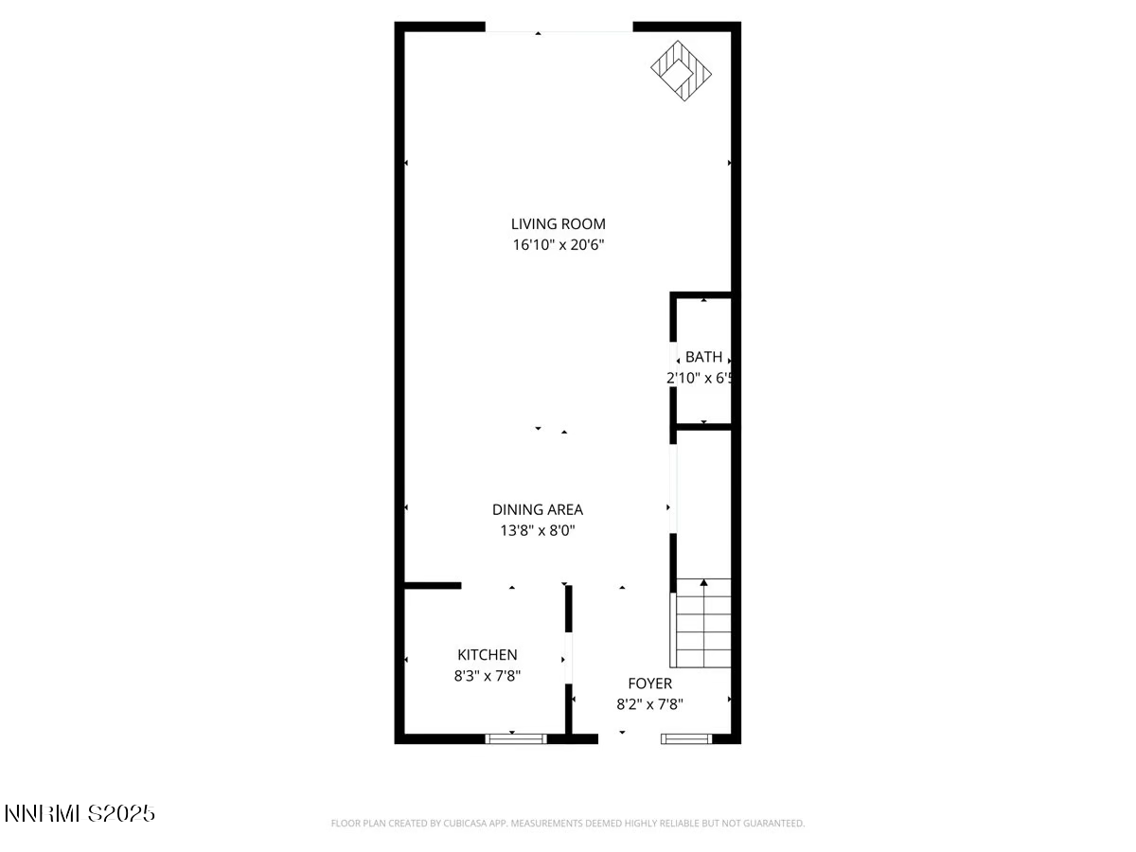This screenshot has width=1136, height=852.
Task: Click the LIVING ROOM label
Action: (558, 224)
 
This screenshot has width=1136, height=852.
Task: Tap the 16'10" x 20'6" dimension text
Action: (558, 245)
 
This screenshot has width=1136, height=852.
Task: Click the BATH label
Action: (703, 357)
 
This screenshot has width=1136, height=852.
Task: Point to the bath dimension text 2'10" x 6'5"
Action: (701, 378)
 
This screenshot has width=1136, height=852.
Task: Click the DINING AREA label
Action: (537, 509)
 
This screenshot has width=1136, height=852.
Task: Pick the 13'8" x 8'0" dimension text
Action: (537, 531)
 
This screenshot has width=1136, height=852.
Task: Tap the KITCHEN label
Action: (488, 654)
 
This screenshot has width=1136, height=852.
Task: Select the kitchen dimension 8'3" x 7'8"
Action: (488, 676)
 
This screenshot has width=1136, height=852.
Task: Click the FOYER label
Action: (649, 683)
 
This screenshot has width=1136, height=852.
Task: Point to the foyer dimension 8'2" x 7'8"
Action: (649, 704)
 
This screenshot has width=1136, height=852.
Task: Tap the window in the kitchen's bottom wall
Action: (516, 738)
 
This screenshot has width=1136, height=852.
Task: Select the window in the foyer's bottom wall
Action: (687, 738)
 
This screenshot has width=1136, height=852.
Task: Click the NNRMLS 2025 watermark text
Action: (80, 813)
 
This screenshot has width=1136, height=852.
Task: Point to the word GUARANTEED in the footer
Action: (772, 824)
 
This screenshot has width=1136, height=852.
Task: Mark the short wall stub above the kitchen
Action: (433, 586)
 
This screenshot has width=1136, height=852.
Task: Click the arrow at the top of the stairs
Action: (703, 583)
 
